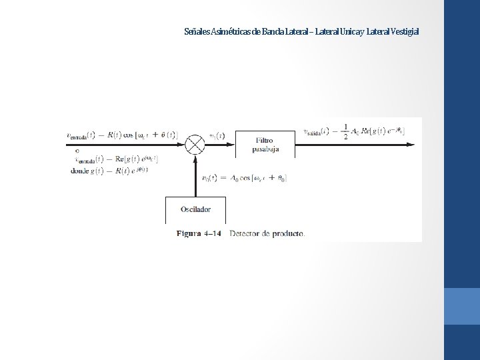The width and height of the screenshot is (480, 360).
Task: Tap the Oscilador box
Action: [x=195, y=209]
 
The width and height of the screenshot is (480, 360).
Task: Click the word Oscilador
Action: [x=195, y=209]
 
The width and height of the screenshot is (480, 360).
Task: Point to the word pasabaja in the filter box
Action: [x=265, y=149]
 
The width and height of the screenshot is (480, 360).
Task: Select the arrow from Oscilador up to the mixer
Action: [x=195, y=177]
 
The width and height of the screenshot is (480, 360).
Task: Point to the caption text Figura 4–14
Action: [x=198, y=233]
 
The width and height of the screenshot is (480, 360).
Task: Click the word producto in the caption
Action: [x=287, y=233]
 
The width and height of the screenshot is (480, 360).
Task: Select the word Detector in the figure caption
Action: [x=245, y=233]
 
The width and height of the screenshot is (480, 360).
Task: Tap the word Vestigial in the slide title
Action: [x=406, y=31]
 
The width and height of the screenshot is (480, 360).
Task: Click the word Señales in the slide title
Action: [x=197, y=31]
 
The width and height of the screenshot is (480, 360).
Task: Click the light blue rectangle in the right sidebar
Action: [x=461, y=306]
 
